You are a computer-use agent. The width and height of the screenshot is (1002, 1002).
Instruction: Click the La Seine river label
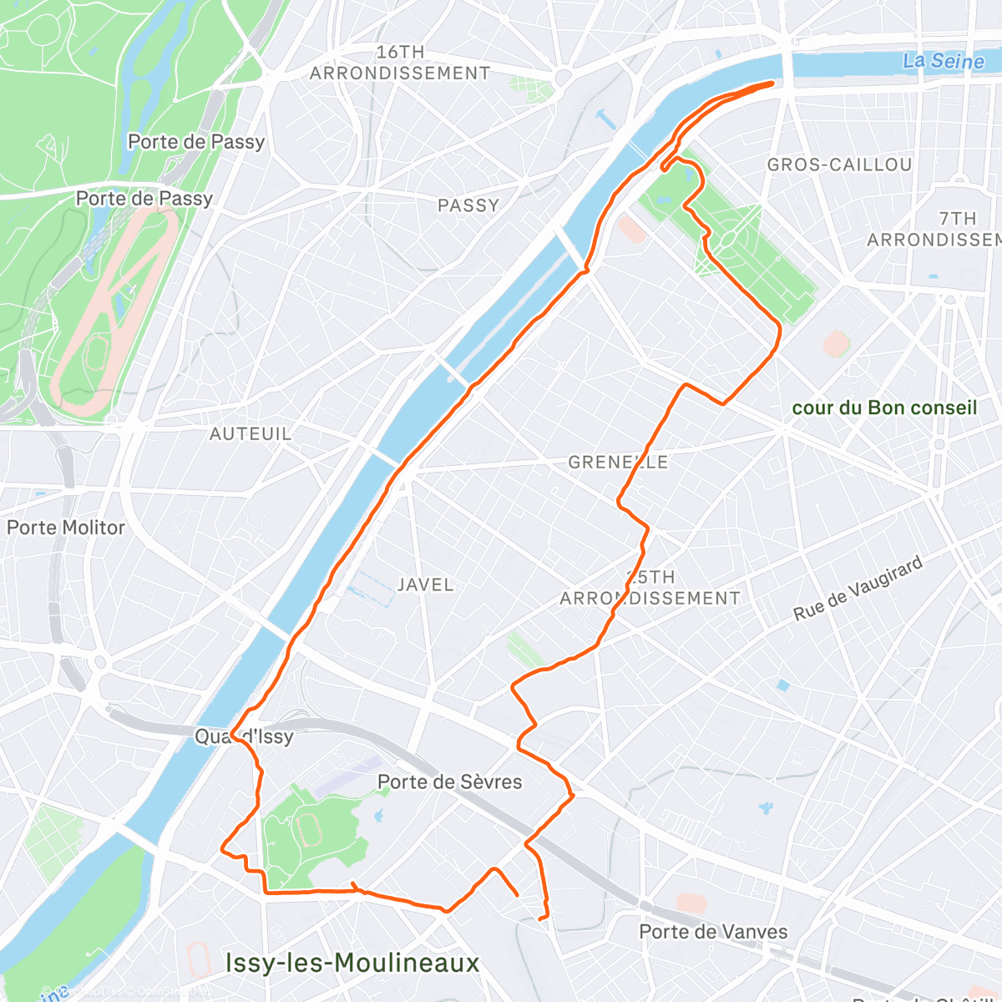[943, 61]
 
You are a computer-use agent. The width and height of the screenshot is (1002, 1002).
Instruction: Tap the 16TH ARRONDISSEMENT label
[400, 63]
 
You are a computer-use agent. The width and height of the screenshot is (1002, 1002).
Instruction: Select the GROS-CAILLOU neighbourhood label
[839, 165]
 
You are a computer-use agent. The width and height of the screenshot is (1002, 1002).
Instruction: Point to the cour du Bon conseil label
[883, 408]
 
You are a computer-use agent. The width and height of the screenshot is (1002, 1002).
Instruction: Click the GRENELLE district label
[618, 462]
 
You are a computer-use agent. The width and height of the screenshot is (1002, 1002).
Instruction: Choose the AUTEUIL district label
[250, 434]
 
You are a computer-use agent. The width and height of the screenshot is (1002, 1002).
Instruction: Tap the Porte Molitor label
[66, 528]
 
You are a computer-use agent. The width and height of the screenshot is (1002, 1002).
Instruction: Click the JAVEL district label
[425, 584]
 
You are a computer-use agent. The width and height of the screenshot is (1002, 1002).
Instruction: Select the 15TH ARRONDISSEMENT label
[650, 588]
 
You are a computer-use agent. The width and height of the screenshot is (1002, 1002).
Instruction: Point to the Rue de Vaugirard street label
[858, 589]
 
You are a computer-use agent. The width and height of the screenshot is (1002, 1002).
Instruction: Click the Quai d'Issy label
[244, 736]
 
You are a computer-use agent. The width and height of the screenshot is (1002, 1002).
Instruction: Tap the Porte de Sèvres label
[449, 782]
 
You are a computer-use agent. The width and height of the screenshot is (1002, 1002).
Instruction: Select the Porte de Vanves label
[713, 932]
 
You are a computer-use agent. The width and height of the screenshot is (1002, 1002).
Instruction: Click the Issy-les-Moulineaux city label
[352, 963]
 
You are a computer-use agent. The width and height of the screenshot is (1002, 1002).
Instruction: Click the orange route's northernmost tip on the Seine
[772, 83]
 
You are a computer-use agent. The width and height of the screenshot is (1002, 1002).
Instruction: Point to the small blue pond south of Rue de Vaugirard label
[782, 686]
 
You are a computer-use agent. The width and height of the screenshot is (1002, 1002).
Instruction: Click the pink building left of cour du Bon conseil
[836, 343]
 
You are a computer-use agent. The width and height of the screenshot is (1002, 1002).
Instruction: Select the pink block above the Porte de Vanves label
[691, 903]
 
